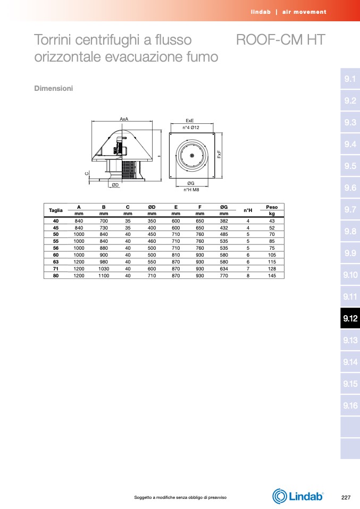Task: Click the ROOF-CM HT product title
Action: tap(280, 40)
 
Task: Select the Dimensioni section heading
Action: tap(54, 88)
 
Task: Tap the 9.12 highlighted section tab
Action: tap(350, 318)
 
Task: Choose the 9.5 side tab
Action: tap(350, 166)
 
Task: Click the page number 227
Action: tap(346, 497)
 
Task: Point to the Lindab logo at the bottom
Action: tap(298, 496)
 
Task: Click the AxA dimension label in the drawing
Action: tap(124, 119)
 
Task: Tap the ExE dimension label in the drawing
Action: tap(190, 121)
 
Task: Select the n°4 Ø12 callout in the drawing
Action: tap(191, 128)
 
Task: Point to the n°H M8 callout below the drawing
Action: tap(191, 190)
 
